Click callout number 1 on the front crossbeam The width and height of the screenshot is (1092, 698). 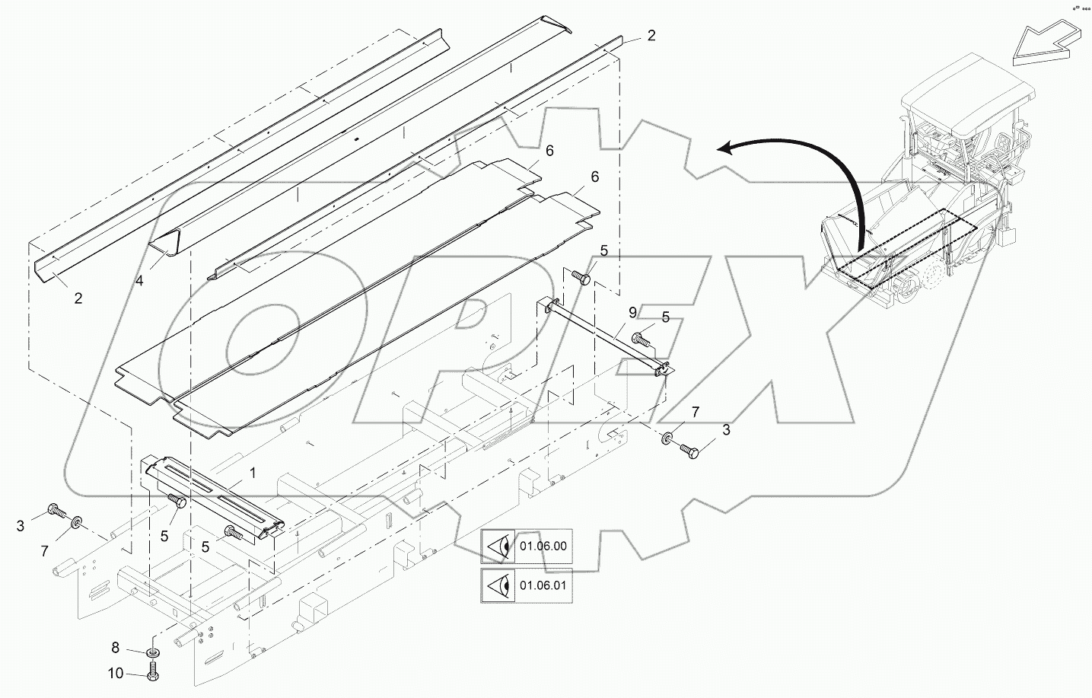click(x=253, y=473)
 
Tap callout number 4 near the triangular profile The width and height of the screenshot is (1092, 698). click(x=139, y=281)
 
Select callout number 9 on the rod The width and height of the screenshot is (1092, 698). click(x=632, y=312)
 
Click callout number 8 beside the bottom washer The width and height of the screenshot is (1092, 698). click(x=116, y=648)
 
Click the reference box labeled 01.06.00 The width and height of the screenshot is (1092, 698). click(x=526, y=546)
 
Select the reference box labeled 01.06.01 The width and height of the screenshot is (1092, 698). click(x=526, y=587)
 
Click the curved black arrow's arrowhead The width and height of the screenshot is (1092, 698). click(x=726, y=150)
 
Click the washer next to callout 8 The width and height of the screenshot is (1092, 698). click(x=153, y=652)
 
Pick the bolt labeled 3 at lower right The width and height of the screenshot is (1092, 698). click(x=690, y=451)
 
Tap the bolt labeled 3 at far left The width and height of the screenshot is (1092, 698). click(x=56, y=509)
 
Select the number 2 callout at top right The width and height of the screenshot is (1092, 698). click(x=651, y=35)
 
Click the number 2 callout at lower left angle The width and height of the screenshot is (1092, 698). click(x=78, y=299)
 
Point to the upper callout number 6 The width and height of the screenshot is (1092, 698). click(x=549, y=151)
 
